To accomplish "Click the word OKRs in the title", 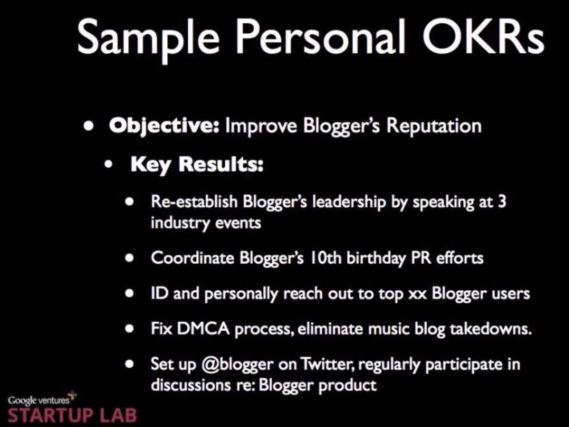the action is (x=483, y=37).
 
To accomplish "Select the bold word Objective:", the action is (x=164, y=126).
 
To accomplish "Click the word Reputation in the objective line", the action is (x=434, y=126).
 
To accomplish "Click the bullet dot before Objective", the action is (x=88, y=127).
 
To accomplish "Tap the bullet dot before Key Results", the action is (x=109, y=164).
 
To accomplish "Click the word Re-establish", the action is (x=194, y=202).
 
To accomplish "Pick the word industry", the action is (x=180, y=223).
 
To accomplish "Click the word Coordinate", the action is (x=193, y=258).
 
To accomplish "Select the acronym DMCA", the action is (x=203, y=329).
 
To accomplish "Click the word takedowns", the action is (x=490, y=329).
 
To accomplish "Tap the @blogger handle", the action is (x=237, y=364).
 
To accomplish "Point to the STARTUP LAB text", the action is (x=73, y=415).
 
